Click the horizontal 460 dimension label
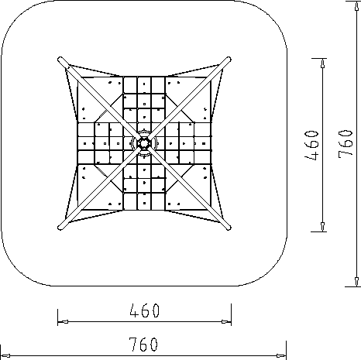[145, 310]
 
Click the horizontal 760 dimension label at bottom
[143, 345]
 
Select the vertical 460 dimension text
[312, 145]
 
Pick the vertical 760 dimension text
[345, 143]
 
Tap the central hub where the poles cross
[143, 143]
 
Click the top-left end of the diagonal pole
[60, 60]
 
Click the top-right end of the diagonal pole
[229, 59]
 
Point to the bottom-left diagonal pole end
[60, 228]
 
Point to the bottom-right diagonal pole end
[229, 228]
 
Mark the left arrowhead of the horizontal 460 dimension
[63, 322]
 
